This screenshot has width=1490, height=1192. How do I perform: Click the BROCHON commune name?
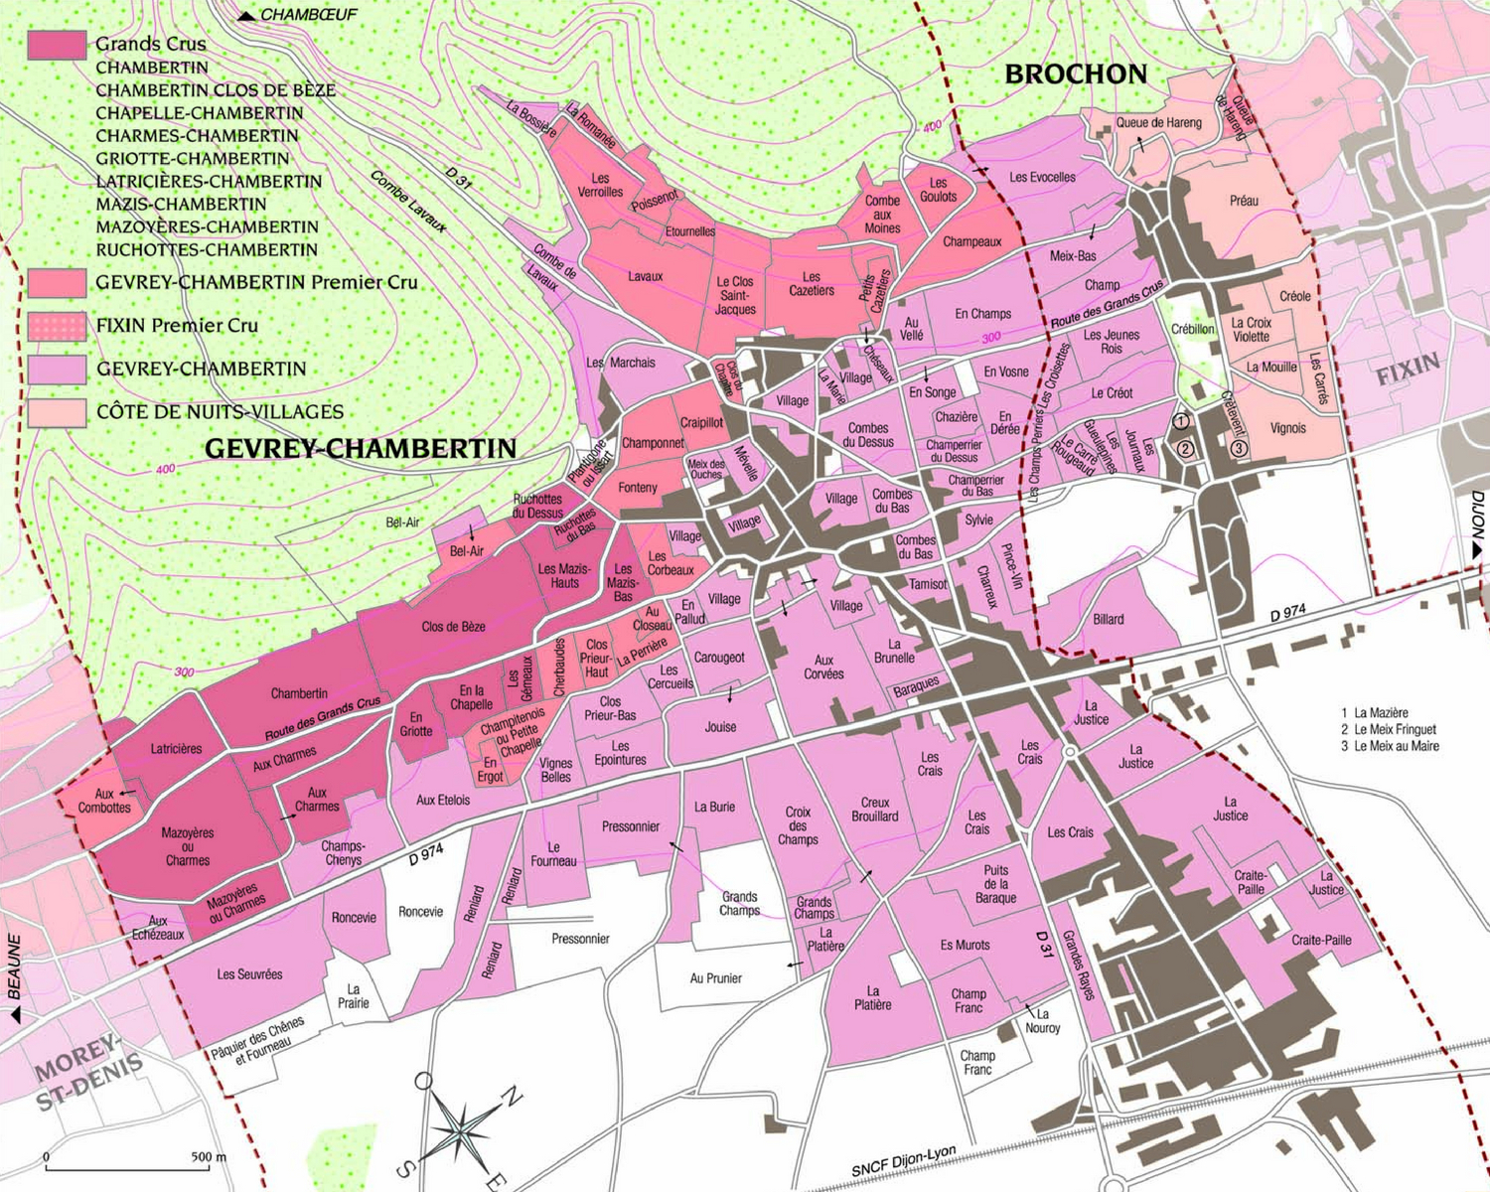point(1076,74)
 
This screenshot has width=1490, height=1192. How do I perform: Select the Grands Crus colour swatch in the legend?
point(57,45)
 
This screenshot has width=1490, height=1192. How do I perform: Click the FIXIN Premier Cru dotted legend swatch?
point(57,326)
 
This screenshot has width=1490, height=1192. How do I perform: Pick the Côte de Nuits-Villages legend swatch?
point(57,412)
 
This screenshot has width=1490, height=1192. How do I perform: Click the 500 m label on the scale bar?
point(209,1157)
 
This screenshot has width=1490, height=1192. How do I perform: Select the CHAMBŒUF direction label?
point(308,15)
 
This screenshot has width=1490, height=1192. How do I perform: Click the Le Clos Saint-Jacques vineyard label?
point(735,296)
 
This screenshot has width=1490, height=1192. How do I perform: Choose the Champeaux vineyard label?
point(971,242)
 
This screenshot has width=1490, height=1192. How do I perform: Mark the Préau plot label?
point(1244,201)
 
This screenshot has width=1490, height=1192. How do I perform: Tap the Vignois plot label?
point(1287,429)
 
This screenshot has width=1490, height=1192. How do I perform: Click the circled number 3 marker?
point(1239,448)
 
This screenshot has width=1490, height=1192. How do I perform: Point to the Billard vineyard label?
point(1109,620)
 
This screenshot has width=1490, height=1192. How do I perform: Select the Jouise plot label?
point(720,727)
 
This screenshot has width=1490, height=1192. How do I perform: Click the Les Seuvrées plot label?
point(249,974)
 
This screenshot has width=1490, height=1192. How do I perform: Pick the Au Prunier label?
point(715,978)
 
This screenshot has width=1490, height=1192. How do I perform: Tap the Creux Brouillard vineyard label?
point(874,810)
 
